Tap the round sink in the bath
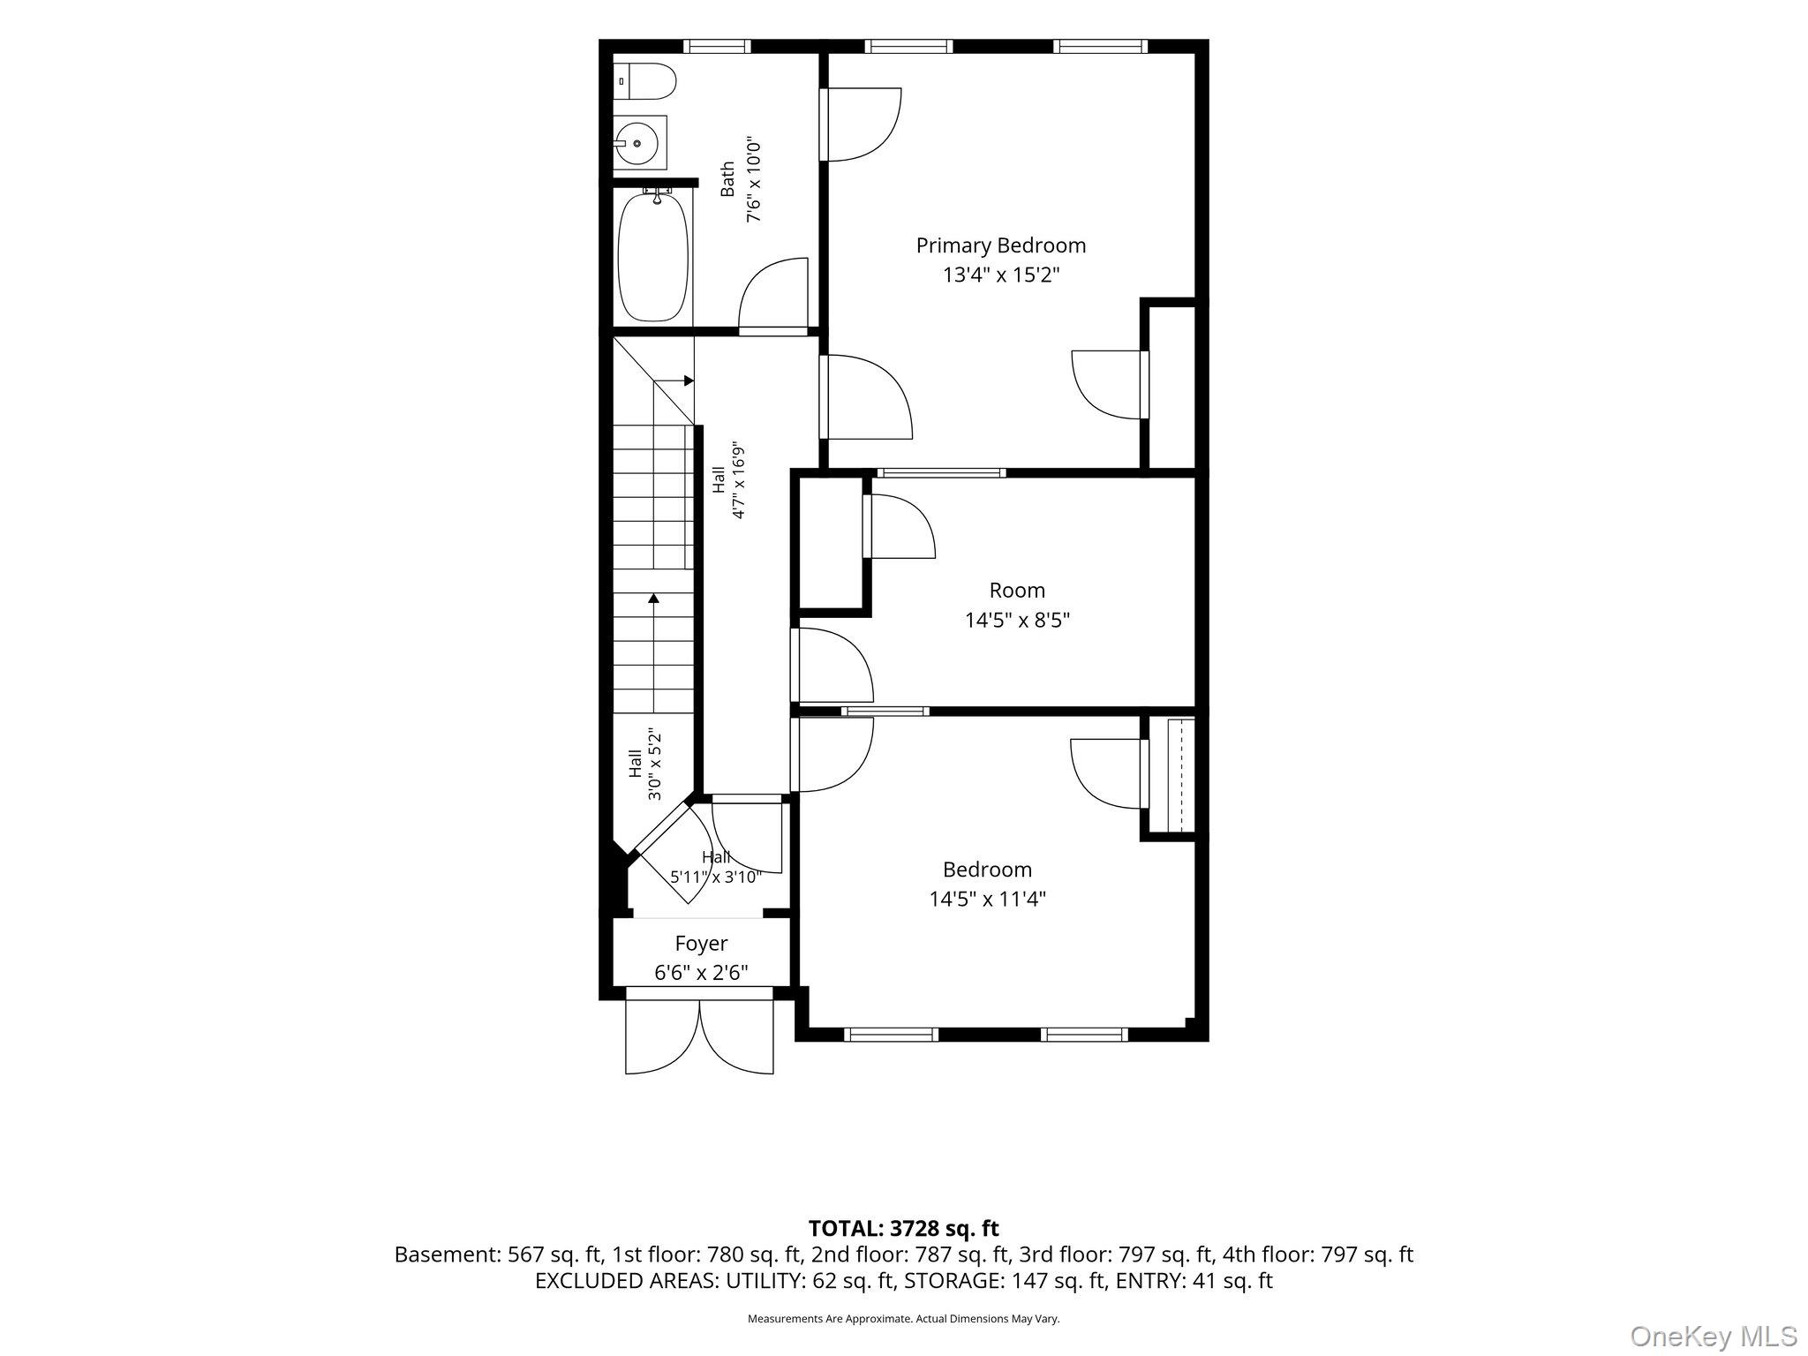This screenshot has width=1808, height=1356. (x=636, y=142)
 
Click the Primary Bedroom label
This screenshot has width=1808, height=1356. (x=1001, y=245)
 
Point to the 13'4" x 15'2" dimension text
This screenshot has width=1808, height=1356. (x=1001, y=275)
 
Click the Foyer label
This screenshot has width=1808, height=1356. (x=702, y=944)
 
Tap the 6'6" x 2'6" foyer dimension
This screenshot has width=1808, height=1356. (x=702, y=973)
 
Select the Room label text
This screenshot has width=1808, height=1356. (x=1017, y=591)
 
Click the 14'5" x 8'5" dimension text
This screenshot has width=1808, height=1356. (x=1017, y=620)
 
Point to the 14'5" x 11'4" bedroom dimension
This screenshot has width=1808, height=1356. (x=988, y=899)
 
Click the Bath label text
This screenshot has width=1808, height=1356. (x=727, y=178)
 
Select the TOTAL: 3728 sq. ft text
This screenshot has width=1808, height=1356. (x=904, y=1228)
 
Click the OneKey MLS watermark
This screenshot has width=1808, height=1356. (x=1714, y=1336)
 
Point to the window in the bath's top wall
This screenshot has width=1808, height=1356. (x=717, y=47)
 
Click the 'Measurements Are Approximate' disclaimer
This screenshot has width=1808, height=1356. (x=904, y=1319)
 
